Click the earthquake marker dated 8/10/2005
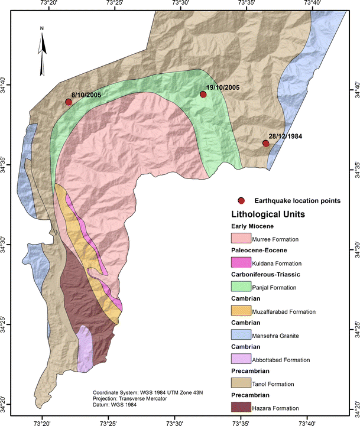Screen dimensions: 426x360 69,102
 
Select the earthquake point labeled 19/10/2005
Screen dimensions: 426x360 203,95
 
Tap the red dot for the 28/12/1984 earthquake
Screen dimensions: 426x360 266,144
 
